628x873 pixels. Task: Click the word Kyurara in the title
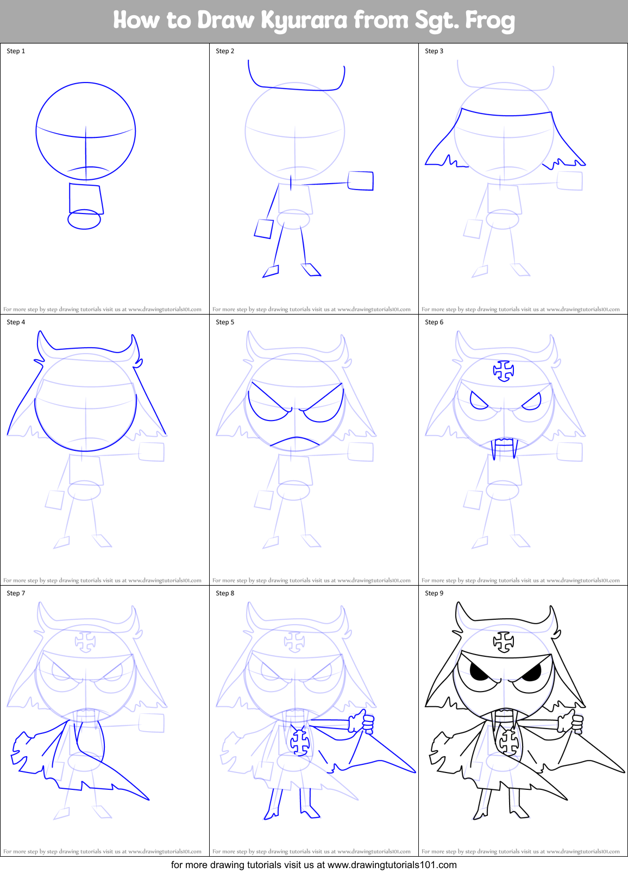(304, 21)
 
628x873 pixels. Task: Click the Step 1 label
(16, 51)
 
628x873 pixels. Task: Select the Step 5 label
(225, 322)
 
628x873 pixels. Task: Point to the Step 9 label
(434, 593)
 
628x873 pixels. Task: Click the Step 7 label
(16, 593)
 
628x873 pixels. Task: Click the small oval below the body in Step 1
(84, 219)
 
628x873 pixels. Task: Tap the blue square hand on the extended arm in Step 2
(361, 181)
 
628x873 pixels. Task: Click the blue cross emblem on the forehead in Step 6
(504, 370)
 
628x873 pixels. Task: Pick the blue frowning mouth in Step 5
(295, 442)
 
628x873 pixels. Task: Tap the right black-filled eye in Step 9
(531, 674)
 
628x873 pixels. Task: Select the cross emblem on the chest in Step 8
(299, 742)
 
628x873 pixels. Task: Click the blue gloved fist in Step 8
(362, 722)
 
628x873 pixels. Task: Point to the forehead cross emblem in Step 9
(504, 642)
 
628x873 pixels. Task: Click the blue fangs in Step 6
(504, 448)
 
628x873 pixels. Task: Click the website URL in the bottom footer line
(392, 865)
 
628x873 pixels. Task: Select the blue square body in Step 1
(86, 199)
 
